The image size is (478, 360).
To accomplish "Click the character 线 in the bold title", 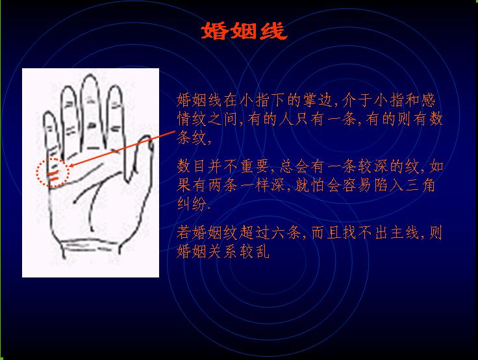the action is click(274, 31).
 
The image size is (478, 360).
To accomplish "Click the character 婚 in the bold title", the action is click(214, 31).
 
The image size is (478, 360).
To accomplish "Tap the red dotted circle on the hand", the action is click(37, 172).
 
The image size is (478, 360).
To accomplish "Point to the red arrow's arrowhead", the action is click(73, 165).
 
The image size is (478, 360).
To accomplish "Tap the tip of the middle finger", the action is click(90, 75).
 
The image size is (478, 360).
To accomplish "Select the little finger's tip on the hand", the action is click(49, 113).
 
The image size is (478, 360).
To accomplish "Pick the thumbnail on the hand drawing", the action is click(151, 145).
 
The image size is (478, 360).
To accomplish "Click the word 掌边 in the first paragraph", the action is click(318, 100).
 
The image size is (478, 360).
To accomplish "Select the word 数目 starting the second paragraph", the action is click(192, 166).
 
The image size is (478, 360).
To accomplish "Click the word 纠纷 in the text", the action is click(192, 204).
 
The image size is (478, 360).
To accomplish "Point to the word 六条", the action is click(286, 233).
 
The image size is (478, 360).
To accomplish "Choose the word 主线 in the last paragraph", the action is click(405, 233).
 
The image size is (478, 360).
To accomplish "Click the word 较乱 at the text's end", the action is click(255, 251).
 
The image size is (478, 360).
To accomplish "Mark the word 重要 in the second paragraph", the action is click(255, 166).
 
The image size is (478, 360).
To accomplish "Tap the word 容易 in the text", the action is click(357, 185).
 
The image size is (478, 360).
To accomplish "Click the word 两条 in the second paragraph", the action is click(223, 185).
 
